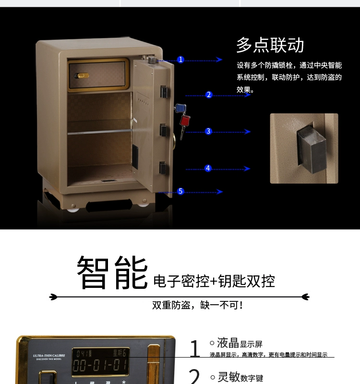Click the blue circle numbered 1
[x=180, y=60]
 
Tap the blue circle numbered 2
[x=209, y=95]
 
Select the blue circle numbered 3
[x=208, y=131]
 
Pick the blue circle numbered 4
[x=208, y=168]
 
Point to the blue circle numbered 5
[x=180, y=191]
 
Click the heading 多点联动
[x=270, y=45]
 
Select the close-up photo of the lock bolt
[x=304, y=148]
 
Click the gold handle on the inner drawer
[x=83, y=76]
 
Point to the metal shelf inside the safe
[x=99, y=131]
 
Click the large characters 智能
[x=112, y=273]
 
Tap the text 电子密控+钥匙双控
[x=214, y=281]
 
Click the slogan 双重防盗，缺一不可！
[x=198, y=305]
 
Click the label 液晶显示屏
[x=240, y=343]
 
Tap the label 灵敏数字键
[x=240, y=377]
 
